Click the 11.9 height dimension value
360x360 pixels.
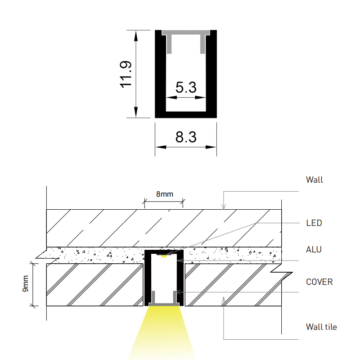tap(126, 74)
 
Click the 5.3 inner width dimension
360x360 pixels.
tap(186, 87)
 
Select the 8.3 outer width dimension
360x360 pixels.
tap(186, 137)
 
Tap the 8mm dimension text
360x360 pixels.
tap(164, 194)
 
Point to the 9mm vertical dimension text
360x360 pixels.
tap(25, 283)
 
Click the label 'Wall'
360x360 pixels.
tap(315, 180)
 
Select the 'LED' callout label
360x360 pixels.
tap(314, 223)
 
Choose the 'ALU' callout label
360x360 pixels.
tap(314, 249)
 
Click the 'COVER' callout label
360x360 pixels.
tap(319, 282)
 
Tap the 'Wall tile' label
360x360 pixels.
tap(321, 327)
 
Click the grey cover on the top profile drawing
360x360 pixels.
tap(186, 33)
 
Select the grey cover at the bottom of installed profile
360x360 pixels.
tap(164, 305)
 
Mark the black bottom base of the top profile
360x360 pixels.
tap(186, 114)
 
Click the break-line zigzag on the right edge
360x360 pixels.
tap(281, 272)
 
